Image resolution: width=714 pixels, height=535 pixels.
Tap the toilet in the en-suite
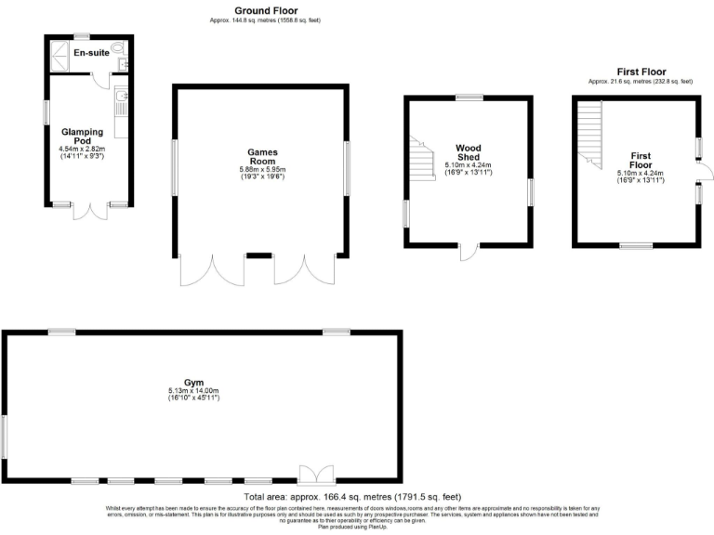pyautogui.click(x=118, y=48)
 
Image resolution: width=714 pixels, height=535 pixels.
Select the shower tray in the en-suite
pyautogui.click(x=60, y=50)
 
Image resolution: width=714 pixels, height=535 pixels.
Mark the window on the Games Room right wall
pyautogui.click(x=347, y=168)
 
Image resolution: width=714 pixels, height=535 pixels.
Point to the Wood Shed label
pyautogui.click(x=468, y=152)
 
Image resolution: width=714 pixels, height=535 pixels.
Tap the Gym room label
pyautogui.click(x=192, y=383)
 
